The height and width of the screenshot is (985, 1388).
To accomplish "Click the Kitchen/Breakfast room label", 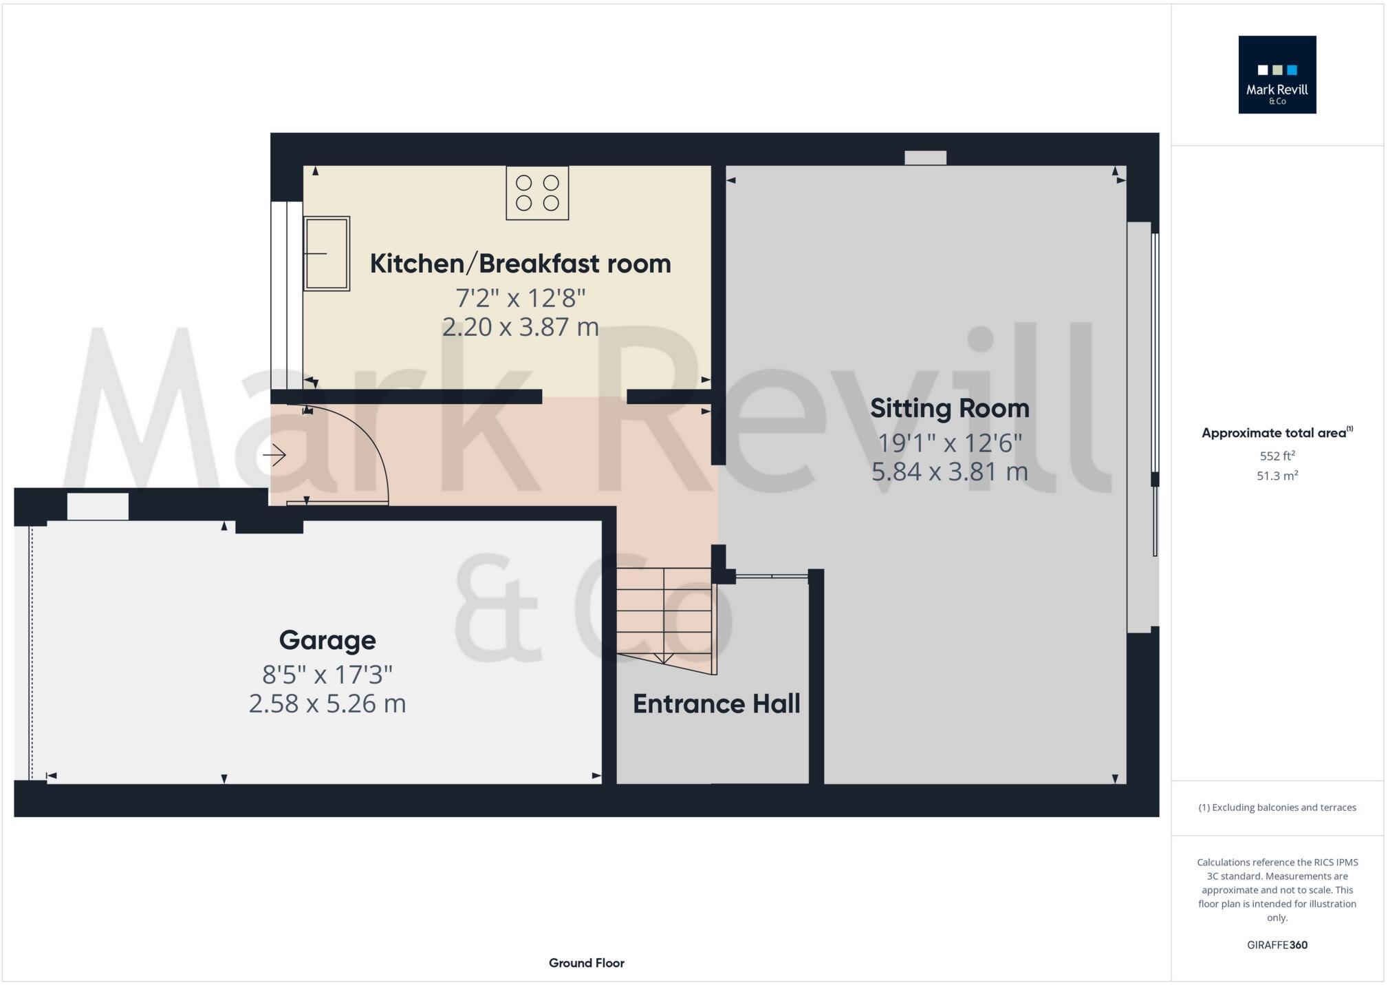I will click(x=520, y=264).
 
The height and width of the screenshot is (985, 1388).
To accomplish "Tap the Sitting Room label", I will click(x=949, y=408).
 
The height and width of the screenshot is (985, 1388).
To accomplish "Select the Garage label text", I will click(x=327, y=640).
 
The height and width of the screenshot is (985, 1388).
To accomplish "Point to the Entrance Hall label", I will click(x=716, y=703).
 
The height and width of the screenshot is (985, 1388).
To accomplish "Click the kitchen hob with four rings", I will click(x=537, y=193).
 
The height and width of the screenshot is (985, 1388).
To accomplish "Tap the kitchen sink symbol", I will click(x=327, y=253).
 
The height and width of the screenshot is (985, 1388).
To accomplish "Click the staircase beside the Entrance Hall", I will click(x=664, y=613).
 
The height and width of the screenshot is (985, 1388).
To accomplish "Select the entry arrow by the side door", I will click(x=274, y=455).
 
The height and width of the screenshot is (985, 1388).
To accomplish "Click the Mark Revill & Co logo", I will click(x=1277, y=74).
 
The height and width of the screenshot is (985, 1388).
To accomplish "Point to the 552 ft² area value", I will click(x=1277, y=456).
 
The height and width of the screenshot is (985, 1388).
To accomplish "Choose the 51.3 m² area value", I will click(x=1277, y=476).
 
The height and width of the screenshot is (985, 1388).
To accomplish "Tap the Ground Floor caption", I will click(x=586, y=963).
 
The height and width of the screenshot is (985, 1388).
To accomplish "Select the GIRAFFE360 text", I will click(x=1277, y=945).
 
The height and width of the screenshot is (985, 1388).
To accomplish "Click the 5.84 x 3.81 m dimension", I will click(x=949, y=472).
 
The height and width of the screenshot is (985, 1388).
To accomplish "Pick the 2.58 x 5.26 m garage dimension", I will click(x=327, y=703).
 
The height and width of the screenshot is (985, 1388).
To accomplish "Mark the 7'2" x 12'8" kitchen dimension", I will click(x=520, y=298).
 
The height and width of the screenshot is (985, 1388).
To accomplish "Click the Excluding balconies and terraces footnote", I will click(x=1277, y=807).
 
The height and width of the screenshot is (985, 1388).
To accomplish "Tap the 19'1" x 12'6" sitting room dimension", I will click(x=949, y=443).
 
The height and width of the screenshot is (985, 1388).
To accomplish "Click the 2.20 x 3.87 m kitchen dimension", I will click(x=520, y=327).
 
